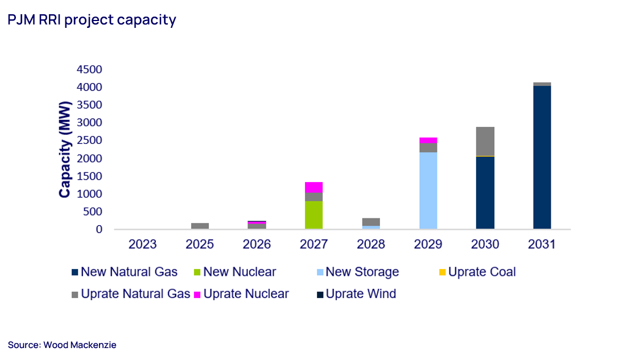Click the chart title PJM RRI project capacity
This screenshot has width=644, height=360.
click(92, 20)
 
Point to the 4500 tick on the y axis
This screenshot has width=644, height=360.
click(89, 69)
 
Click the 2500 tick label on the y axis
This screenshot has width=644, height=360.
click(89, 140)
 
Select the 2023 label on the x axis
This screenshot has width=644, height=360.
click(143, 245)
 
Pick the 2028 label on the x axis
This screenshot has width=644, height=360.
click(371, 245)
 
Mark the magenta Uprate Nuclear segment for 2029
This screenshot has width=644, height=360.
click(428, 140)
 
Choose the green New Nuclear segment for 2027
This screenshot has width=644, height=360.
click(313, 215)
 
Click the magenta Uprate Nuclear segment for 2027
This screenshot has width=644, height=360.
click(313, 187)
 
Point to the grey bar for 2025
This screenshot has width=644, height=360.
click(200, 226)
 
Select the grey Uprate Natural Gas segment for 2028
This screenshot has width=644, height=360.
click(371, 222)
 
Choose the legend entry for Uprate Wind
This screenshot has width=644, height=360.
click(356, 294)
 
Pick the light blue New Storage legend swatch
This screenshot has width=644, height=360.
click(319, 272)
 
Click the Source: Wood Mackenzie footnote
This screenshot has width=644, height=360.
click(62, 345)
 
